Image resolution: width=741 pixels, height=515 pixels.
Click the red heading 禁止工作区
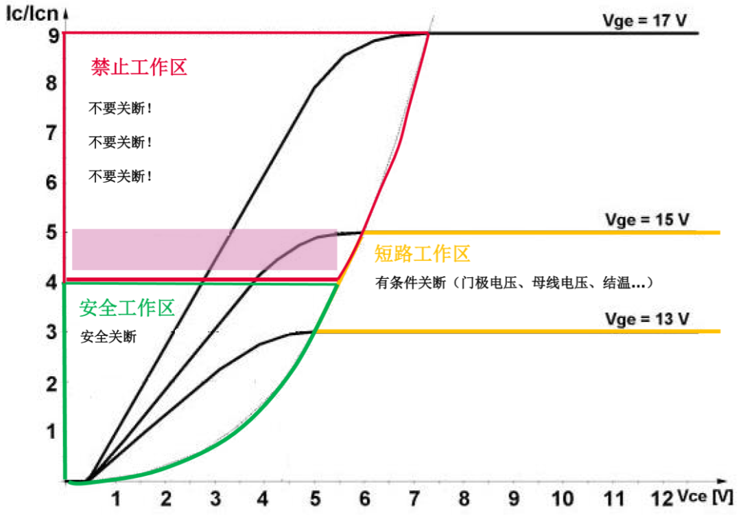(139, 67)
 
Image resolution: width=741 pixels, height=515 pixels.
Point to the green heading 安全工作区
(127, 308)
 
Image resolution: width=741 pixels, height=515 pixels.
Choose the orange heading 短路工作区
(422, 254)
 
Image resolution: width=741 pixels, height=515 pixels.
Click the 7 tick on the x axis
(414, 497)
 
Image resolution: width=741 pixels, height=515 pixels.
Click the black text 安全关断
(108, 337)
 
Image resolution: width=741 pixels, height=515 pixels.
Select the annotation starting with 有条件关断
(513, 282)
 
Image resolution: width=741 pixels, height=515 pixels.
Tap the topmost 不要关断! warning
(120, 108)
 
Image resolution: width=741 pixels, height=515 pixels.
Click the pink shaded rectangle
(204, 249)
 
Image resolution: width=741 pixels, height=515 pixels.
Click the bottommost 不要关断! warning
(120, 176)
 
